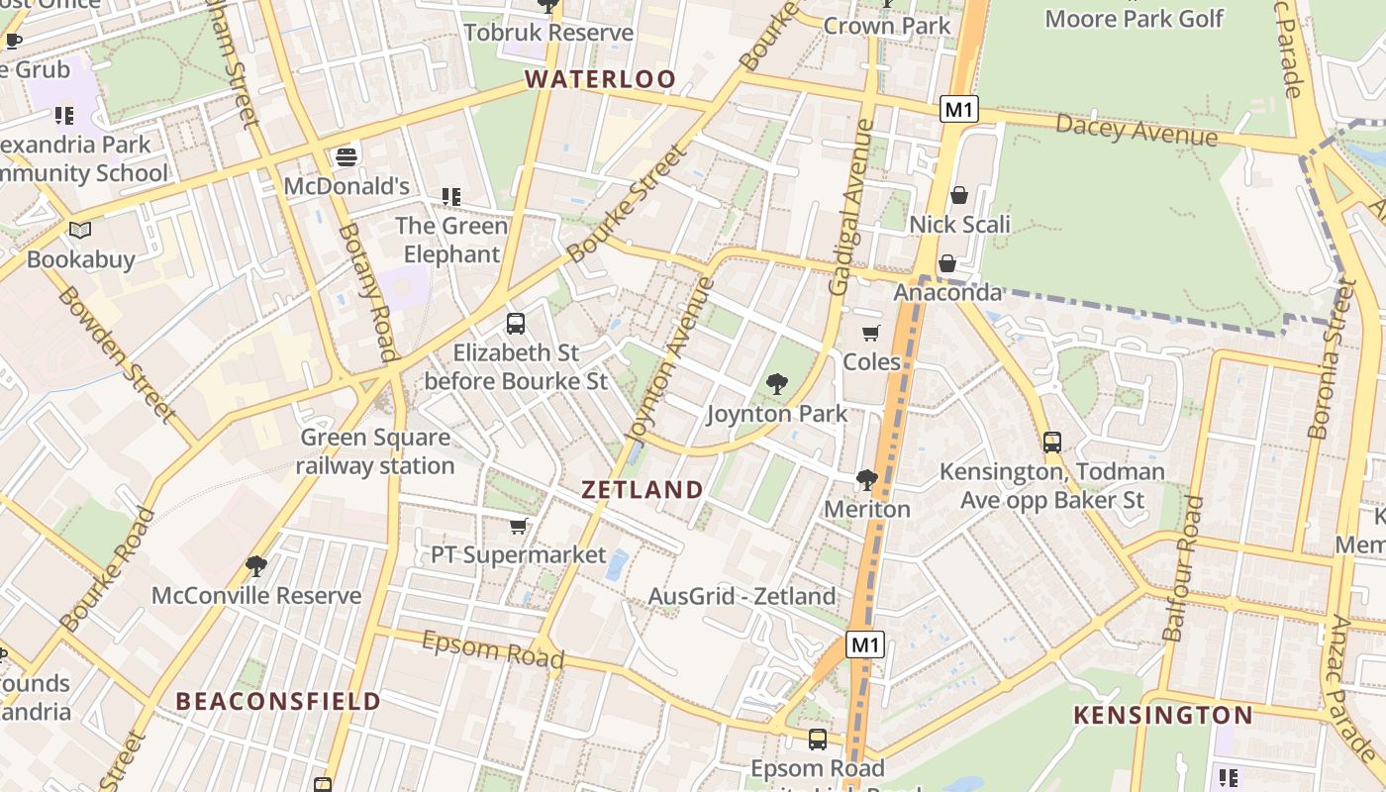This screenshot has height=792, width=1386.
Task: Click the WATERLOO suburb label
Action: tap(600, 79)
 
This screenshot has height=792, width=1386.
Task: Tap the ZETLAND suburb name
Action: tap(643, 489)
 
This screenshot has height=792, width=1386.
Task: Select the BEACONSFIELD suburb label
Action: tap(278, 701)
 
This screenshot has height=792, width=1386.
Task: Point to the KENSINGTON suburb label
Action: tap(1163, 715)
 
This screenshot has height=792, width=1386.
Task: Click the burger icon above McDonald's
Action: tap(346, 156)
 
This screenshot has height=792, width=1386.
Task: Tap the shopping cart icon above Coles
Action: tap(870, 333)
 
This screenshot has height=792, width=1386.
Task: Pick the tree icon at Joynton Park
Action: tap(776, 384)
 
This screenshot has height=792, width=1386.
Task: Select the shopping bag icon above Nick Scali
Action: tap(958, 195)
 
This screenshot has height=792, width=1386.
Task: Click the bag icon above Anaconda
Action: tap(946, 263)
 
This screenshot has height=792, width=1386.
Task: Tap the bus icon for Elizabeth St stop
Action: tap(515, 323)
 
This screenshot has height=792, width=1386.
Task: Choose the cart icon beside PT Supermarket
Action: tap(518, 526)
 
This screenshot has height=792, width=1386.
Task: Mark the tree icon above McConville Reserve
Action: tap(255, 566)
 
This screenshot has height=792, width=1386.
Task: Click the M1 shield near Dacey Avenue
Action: tap(958, 109)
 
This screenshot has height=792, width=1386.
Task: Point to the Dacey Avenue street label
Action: tap(1137, 129)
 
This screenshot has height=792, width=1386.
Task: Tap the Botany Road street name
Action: tap(367, 293)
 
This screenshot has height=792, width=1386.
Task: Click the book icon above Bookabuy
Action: tap(80, 230)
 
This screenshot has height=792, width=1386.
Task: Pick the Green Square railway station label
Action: tap(374, 451)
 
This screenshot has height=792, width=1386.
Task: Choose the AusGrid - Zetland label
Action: tap(742, 596)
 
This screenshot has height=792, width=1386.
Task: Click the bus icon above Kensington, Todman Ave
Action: tap(1051, 442)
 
